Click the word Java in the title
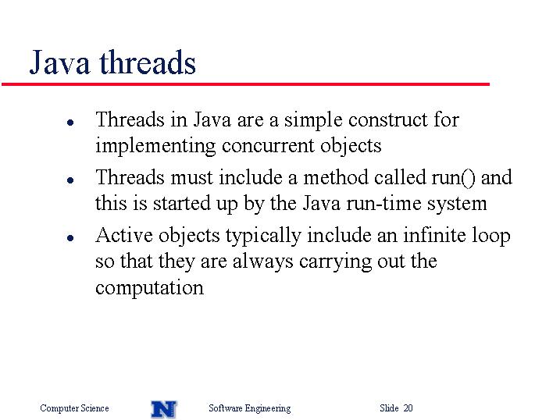click(x=59, y=62)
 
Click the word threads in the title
click(x=148, y=62)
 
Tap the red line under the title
click(x=245, y=84)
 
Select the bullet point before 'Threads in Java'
click(x=70, y=123)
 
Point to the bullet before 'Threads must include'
click(x=70, y=180)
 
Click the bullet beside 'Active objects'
click(x=70, y=237)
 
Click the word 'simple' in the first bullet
click(x=313, y=121)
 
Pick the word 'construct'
click(x=388, y=119)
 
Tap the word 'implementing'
click(x=155, y=147)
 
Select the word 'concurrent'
click(x=268, y=147)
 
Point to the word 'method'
click(x=336, y=177)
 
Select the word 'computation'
click(x=150, y=288)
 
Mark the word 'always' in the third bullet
click(x=263, y=262)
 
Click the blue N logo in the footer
click(x=164, y=409)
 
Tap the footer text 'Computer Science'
click(x=74, y=408)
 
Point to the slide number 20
click(x=408, y=408)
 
